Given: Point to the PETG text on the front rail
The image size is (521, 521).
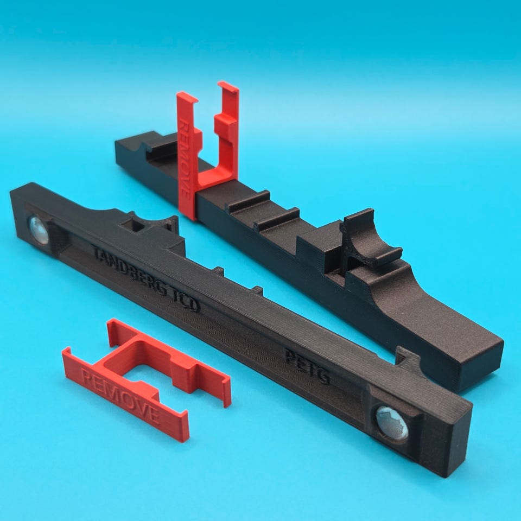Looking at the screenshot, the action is [x=307, y=368].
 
